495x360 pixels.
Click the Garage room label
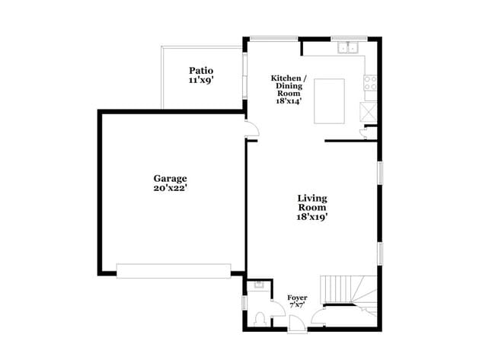[170, 178]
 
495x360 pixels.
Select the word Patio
[201, 70]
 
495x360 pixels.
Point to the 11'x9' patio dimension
[201, 79]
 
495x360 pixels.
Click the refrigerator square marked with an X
[369, 110]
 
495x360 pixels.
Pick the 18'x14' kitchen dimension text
[289, 103]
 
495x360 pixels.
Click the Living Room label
[312, 203]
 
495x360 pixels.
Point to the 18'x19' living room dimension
[312, 217]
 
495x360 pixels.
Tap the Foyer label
[297, 297]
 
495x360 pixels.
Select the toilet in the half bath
[261, 317]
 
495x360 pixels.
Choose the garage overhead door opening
[173, 269]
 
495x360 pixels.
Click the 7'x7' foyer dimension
[297, 304]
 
